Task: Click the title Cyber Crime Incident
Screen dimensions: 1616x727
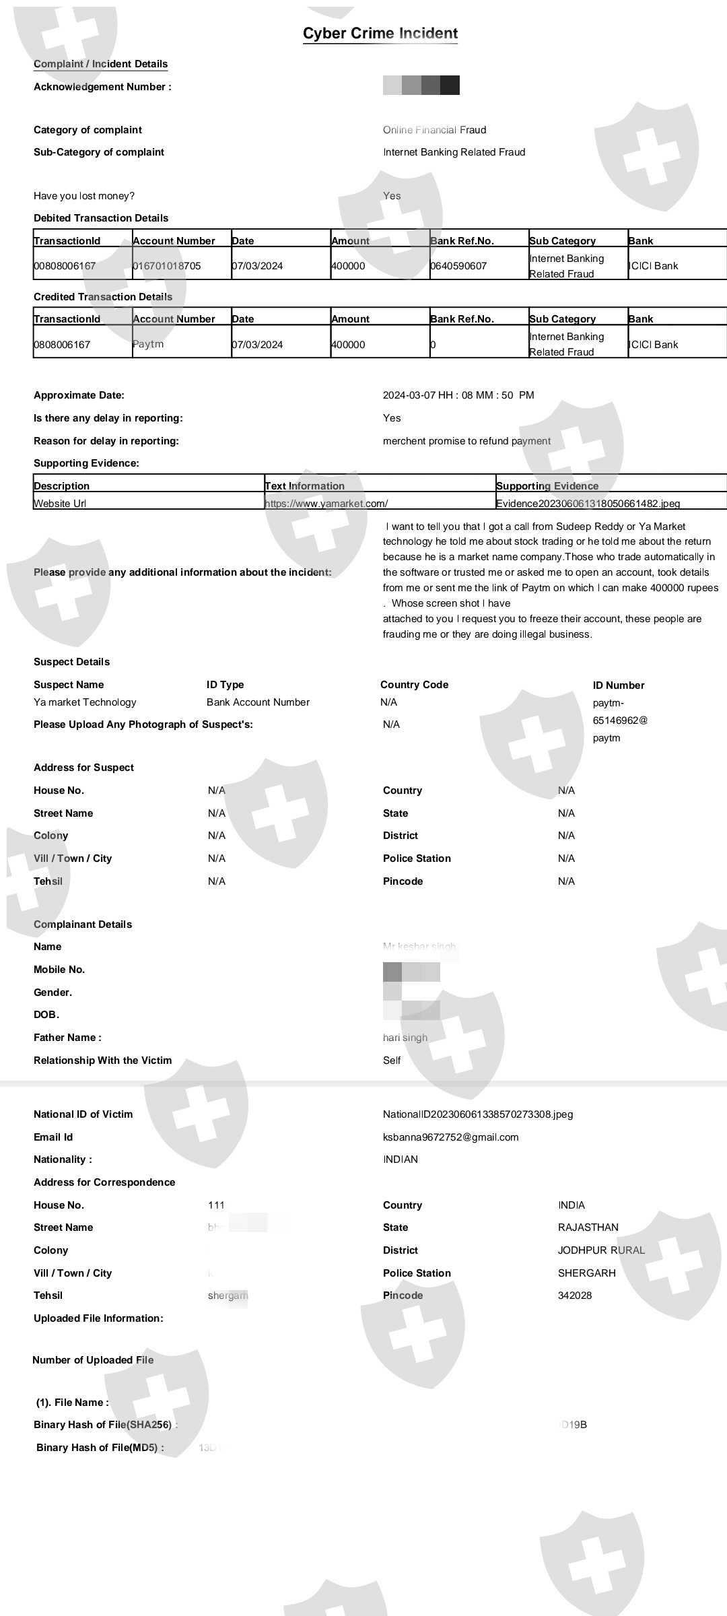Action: coord(380,33)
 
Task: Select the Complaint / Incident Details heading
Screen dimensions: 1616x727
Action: coord(100,64)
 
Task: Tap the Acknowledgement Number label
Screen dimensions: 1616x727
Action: coord(102,87)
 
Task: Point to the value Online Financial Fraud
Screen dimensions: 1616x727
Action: coord(434,130)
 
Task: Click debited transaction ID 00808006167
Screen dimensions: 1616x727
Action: coord(65,266)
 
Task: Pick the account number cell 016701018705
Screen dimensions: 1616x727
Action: coord(167,266)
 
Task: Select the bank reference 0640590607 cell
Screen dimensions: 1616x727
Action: coord(458,266)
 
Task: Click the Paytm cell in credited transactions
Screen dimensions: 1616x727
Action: coord(148,344)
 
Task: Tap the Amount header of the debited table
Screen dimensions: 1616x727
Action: coord(350,240)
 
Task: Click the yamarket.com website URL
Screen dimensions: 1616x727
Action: coord(326,503)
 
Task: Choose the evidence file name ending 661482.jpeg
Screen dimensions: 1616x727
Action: coord(588,503)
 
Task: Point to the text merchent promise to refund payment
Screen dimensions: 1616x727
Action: coord(466,441)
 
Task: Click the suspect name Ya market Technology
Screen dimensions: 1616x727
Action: coord(85,702)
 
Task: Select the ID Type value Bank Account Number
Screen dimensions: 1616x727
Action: coord(258,702)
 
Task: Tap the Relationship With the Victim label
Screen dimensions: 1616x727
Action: coord(102,1060)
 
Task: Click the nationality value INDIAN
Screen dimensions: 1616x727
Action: coord(401,1159)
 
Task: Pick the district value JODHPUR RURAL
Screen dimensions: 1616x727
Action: coord(601,1250)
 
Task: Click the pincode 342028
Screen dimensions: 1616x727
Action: coord(575,1295)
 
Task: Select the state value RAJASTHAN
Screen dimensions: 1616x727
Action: coord(588,1227)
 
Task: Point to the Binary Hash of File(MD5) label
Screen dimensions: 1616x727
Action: coord(100,1448)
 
